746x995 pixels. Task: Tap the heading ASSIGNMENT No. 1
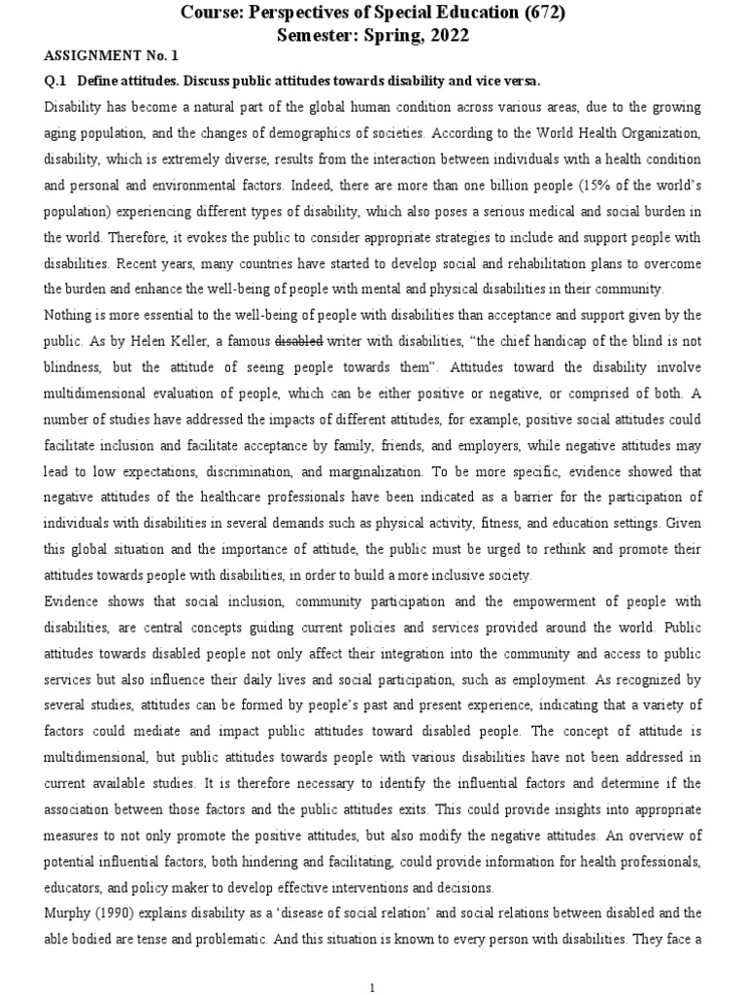[x=103, y=57]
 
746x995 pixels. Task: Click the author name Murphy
[x=70, y=913]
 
